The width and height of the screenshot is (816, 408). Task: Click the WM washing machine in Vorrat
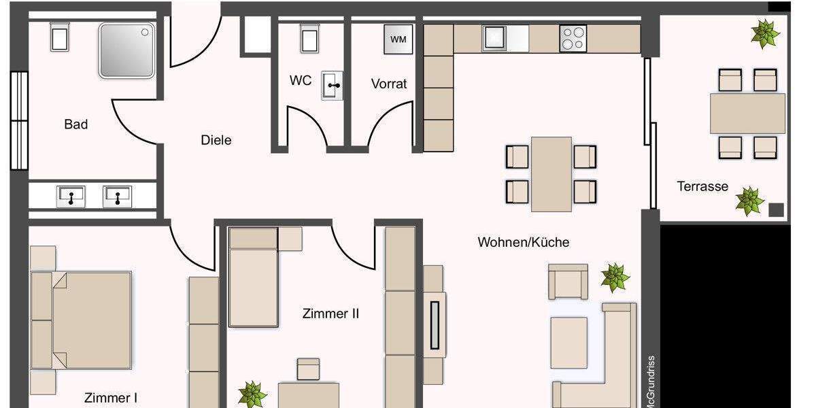point(398,39)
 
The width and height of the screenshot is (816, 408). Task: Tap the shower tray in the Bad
point(127,50)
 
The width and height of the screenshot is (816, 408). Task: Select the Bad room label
point(75,124)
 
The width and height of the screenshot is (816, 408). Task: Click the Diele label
point(216,140)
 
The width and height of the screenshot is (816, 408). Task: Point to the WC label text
point(301,80)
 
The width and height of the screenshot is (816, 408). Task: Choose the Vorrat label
point(389,84)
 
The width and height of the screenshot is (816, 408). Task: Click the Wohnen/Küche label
point(523,242)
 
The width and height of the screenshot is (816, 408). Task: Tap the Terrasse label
point(702,186)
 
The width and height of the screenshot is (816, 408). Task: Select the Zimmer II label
point(330,313)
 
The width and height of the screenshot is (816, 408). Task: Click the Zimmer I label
point(111,397)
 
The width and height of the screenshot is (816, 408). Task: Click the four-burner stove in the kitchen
point(573,38)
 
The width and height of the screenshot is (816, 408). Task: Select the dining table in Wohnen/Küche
point(551,174)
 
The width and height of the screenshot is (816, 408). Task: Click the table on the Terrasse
point(747,114)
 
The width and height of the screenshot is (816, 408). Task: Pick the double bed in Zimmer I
point(82,320)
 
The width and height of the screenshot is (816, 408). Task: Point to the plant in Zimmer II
point(252,394)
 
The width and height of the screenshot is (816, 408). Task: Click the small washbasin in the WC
point(333,85)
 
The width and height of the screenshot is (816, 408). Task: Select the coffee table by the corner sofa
point(568,343)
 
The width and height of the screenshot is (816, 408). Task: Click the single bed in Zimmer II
point(254,277)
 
